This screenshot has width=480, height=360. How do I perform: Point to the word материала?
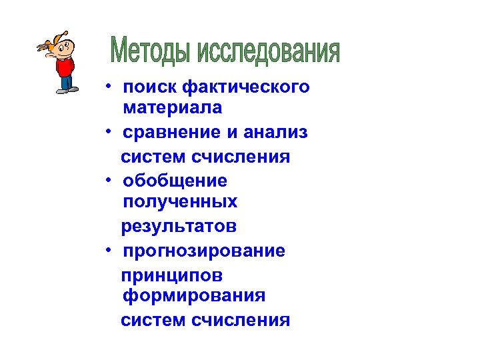(173, 107)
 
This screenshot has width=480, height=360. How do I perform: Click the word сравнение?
(170, 132)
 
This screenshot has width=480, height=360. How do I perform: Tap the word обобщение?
(175, 181)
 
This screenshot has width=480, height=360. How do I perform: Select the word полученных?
(180, 201)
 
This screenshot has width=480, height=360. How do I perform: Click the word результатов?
(179, 227)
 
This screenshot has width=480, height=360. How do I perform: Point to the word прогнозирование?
(205, 251)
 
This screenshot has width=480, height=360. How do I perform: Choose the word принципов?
(172, 275)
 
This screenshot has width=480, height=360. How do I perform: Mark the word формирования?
(194, 295)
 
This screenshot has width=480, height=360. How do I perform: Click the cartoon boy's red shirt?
(64, 67)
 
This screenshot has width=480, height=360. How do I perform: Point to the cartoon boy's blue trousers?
(66, 83)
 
